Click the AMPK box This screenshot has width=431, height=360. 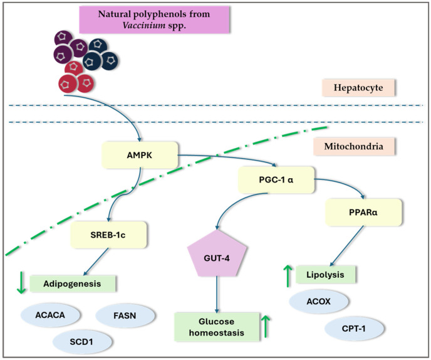tap(140, 155)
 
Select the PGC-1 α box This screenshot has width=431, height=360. tap(276, 180)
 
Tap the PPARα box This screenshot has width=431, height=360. tap(363, 213)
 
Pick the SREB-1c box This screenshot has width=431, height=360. tap(108, 235)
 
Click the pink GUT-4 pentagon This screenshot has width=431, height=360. tap(217, 254)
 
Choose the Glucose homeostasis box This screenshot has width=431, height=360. tap(217, 327)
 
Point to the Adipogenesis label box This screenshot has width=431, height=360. tap(73, 283)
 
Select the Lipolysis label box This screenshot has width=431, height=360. tap(326, 275)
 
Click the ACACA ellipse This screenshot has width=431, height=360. tap(50, 315)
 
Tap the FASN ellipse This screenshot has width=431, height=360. tap(125, 315)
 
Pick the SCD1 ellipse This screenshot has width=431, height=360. tap(81, 342)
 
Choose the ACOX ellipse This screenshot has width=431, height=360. tap(319, 302)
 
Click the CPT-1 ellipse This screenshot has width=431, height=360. tap(354, 329)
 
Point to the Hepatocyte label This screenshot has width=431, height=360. tap(358, 88)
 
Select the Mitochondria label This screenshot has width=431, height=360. tap(354, 146)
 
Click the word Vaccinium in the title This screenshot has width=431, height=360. tap(144, 25)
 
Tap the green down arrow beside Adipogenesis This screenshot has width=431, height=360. tap(21, 282)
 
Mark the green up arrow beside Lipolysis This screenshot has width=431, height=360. tap(288, 276)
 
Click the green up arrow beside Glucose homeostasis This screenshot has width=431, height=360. tap(266, 326)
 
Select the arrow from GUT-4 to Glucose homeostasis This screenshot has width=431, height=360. tap(217, 295)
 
